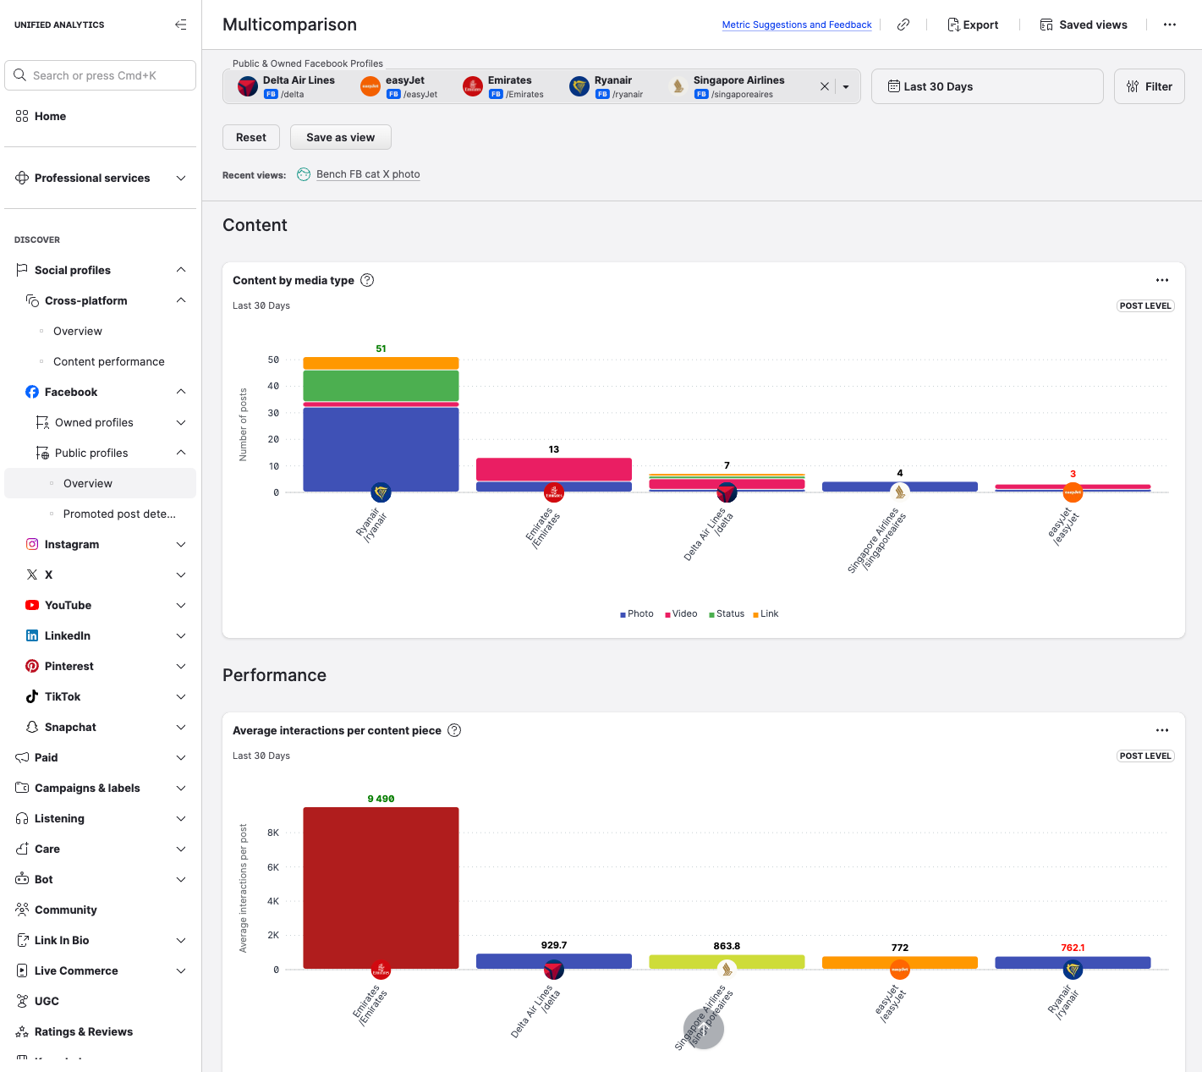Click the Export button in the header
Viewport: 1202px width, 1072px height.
pos(973,25)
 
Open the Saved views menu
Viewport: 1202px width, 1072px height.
pos(1084,25)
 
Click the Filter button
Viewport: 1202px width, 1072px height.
pos(1149,86)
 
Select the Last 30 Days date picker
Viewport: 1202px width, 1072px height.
pos(986,86)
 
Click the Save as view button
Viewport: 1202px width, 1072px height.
pos(340,137)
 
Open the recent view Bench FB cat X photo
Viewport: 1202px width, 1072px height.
pos(367,174)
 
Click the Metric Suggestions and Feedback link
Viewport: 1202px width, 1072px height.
pos(796,25)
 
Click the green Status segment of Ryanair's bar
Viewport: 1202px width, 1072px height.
pos(381,386)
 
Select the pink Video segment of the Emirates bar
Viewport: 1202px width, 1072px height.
pos(553,469)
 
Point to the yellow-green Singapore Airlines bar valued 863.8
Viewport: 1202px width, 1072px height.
pos(727,962)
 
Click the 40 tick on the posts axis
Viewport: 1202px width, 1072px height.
pos(273,386)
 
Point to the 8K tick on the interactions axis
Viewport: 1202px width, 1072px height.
pos(273,833)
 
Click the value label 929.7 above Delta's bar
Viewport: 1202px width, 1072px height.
pos(554,945)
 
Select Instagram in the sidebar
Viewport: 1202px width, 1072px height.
pos(72,544)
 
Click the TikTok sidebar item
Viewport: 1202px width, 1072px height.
pos(63,696)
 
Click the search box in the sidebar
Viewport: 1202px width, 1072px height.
pos(101,75)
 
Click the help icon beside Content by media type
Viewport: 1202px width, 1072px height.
pos(367,280)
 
